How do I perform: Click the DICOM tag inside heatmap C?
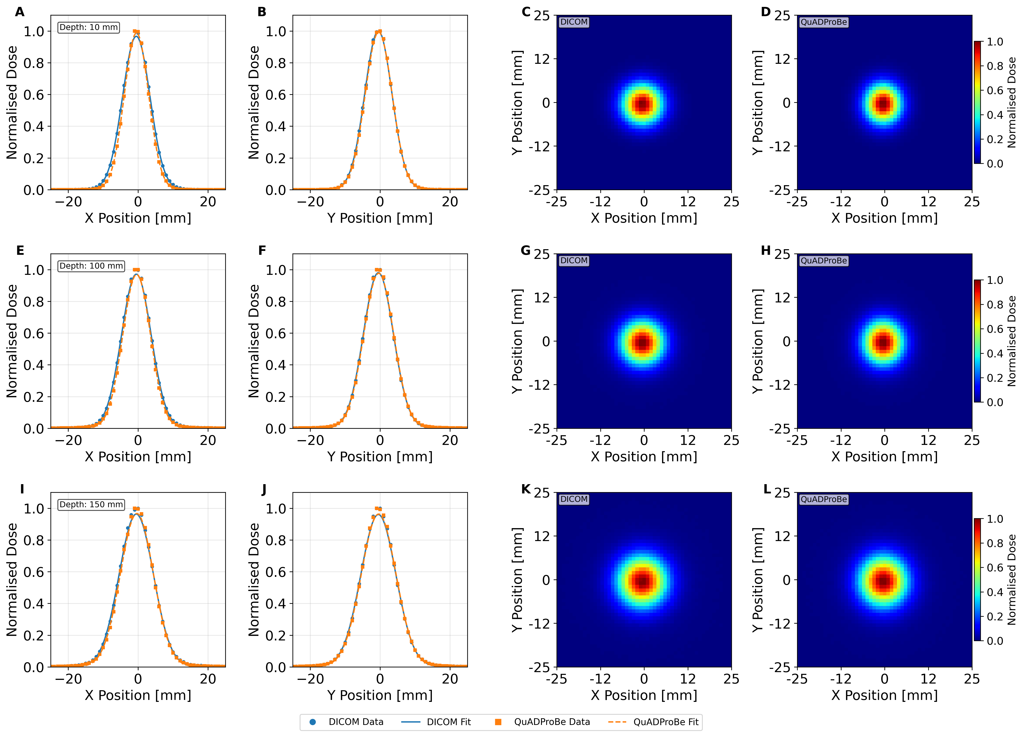click(574, 22)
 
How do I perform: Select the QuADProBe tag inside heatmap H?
click(824, 261)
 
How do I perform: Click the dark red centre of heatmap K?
click(642, 581)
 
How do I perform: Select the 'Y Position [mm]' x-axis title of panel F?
click(380, 457)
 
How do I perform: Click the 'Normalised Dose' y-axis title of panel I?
click(12, 580)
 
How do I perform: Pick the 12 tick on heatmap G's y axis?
click(542, 298)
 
